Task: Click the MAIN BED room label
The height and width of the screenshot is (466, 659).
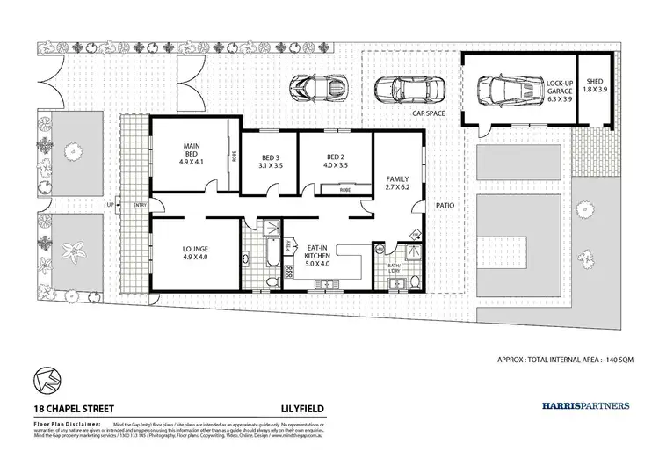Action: pyautogui.click(x=192, y=154)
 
